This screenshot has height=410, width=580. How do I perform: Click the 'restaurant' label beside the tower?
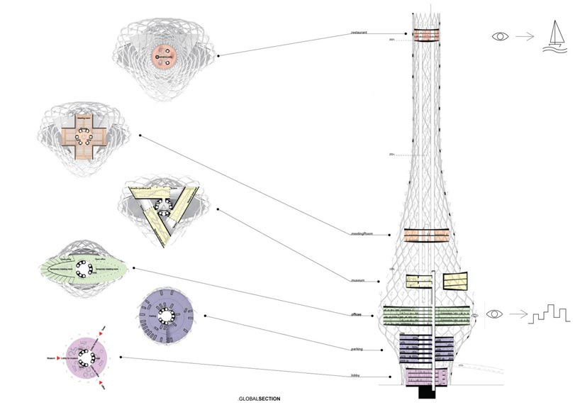pyautogui.click(x=359, y=33)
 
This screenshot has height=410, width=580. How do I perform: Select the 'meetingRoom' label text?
pyautogui.click(x=362, y=233)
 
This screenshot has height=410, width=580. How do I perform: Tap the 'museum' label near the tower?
pyautogui.click(x=357, y=281)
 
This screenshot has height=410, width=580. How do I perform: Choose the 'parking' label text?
pyautogui.click(x=357, y=349)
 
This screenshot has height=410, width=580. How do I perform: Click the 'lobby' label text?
pyautogui.click(x=355, y=375)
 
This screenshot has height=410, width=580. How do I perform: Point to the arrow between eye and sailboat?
pyautogui.click(x=525, y=35)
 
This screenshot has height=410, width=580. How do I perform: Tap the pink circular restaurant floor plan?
pyautogui.click(x=164, y=56)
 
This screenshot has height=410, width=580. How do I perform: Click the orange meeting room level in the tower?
pyautogui.click(x=423, y=237)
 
